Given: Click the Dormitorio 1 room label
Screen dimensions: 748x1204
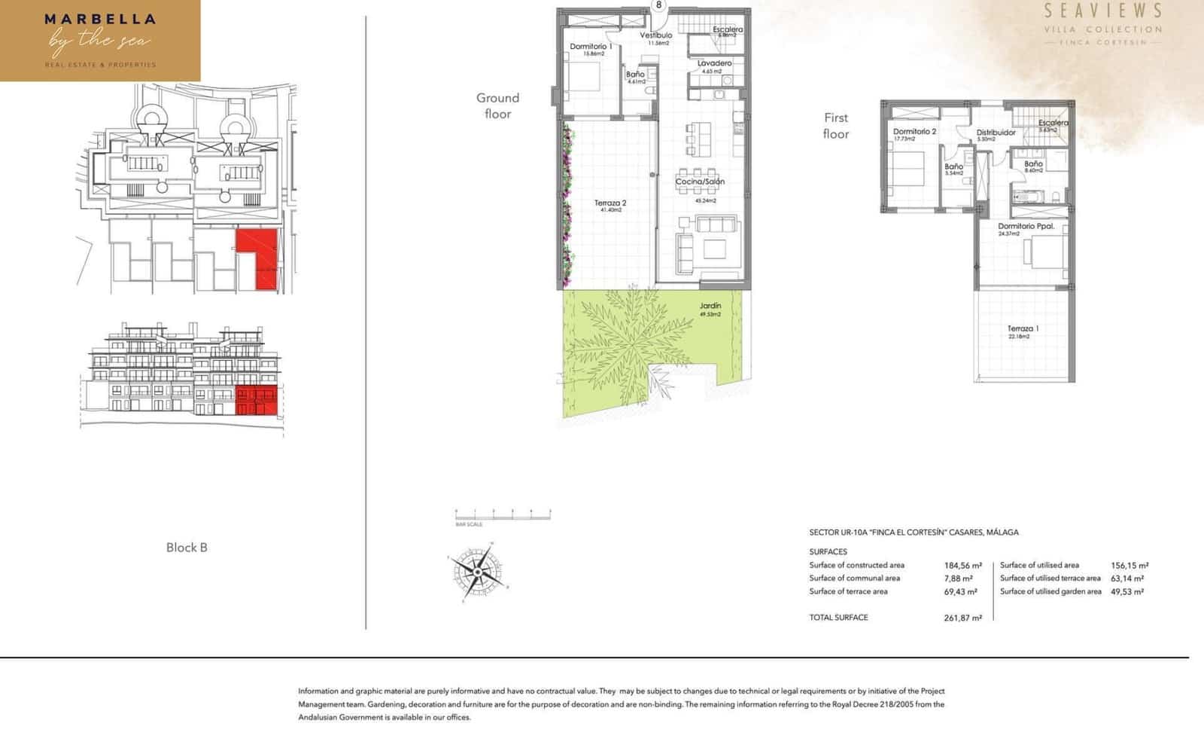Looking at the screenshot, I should click(591, 47).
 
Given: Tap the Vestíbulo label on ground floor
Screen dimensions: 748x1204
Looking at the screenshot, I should click(656, 35).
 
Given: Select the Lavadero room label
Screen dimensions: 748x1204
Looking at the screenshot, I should click(714, 63).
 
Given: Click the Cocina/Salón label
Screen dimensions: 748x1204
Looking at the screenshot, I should click(700, 182).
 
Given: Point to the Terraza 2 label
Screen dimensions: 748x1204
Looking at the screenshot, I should click(610, 203).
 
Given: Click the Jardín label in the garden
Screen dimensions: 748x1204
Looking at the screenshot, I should click(710, 306).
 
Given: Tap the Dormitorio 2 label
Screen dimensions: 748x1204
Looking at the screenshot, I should click(914, 131).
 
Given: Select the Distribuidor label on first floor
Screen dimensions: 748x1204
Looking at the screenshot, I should click(996, 133).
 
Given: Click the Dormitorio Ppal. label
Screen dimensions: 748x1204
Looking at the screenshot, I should click(1026, 226).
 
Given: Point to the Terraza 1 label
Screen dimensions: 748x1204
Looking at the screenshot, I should click(1023, 328).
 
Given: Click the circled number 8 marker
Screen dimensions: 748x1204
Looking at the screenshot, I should click(659, 5).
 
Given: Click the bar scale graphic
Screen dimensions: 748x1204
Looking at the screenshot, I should click(503, 514).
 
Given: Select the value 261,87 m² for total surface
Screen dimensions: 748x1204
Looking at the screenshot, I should click(962, 618).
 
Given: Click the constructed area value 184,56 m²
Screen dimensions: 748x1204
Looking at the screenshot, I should click(962, 565).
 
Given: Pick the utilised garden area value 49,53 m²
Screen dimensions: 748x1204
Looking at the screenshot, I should click(1126, 591).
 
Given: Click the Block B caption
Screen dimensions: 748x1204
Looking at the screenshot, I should click(187, 548).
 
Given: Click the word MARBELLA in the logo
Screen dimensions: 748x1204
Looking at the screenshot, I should click(100, 20).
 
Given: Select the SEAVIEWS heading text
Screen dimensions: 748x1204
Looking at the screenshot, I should click(1103, 11).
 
